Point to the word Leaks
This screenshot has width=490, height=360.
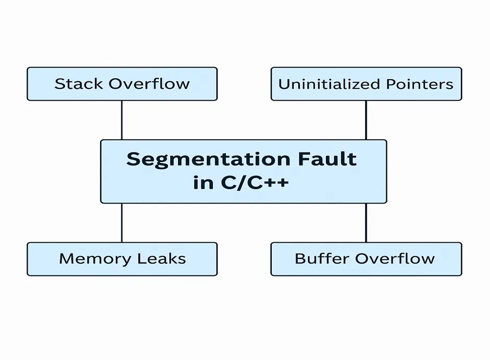pyautogui.click(x=162, y=258)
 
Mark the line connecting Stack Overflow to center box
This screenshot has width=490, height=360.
pyautogui.click(x=122, y=120)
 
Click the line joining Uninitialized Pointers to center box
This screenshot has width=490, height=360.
pyautogui.click(x=366, y=120)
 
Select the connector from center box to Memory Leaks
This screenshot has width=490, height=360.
pyautogui.click(x=122, y=223)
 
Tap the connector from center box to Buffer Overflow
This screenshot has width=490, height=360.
pyautogui.click(x=366, y=223)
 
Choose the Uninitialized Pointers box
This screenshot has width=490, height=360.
pyautogui.click(x=366, y=94)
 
